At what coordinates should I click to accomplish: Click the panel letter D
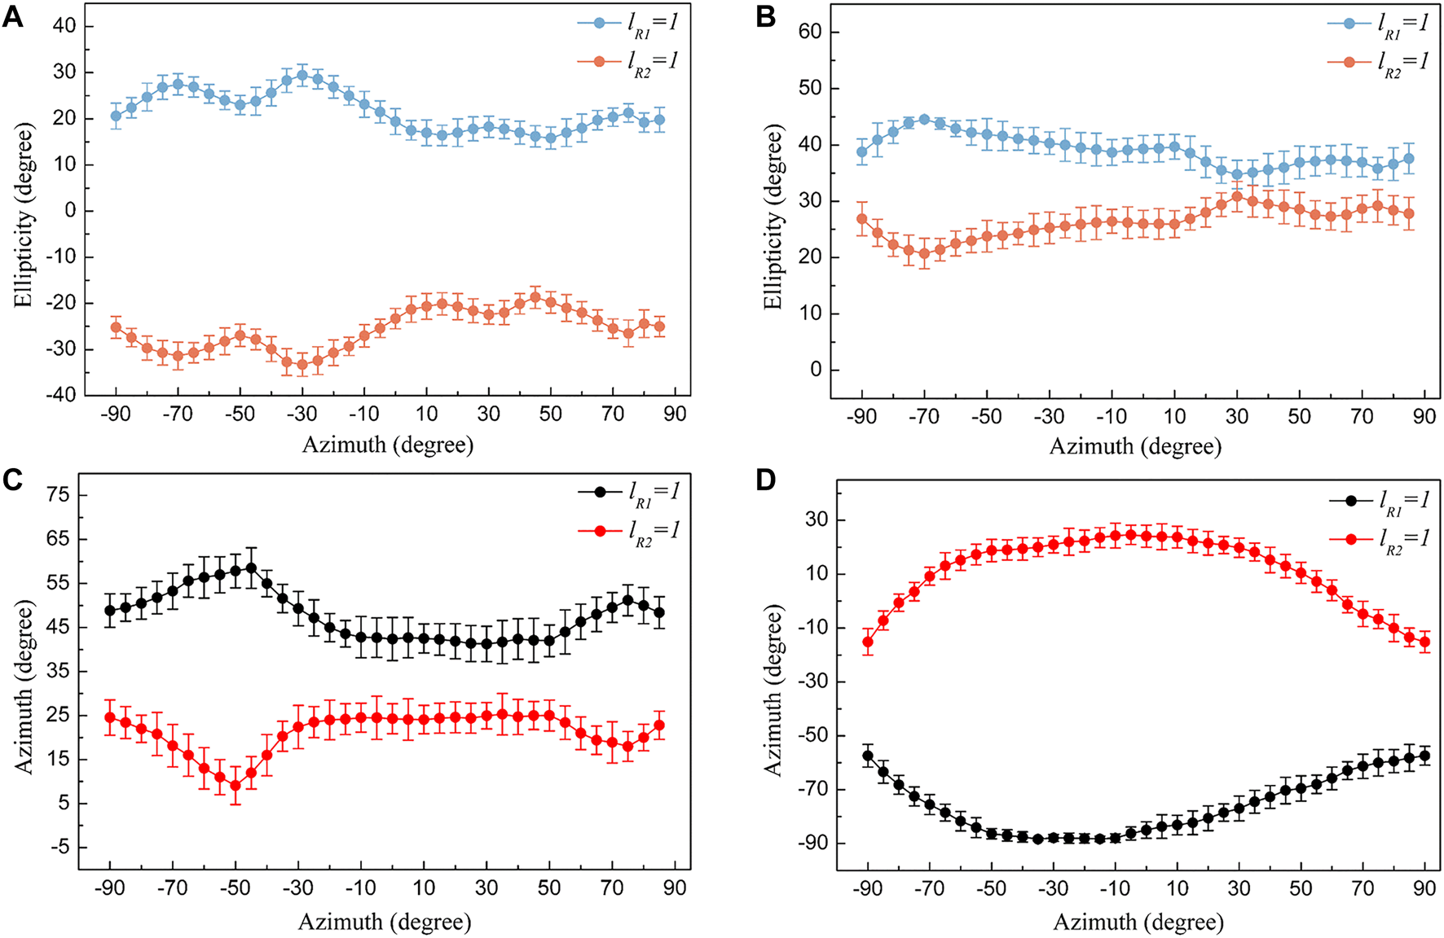pos(767,480)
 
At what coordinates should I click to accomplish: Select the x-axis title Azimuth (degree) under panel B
pos(1135,446)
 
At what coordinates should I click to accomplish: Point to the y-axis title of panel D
pos(773,690)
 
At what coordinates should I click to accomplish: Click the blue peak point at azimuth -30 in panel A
pos(302,76)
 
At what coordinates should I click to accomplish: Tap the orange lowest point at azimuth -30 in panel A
pos(302,364)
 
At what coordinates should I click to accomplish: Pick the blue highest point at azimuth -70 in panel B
pos(924,119)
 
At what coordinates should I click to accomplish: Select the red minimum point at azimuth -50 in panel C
pos(236,786)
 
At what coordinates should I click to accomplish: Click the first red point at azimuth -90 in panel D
pos(868,642)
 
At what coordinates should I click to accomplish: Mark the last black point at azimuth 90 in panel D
pos(1424,756)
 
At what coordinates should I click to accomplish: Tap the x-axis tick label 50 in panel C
pos(549,887)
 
